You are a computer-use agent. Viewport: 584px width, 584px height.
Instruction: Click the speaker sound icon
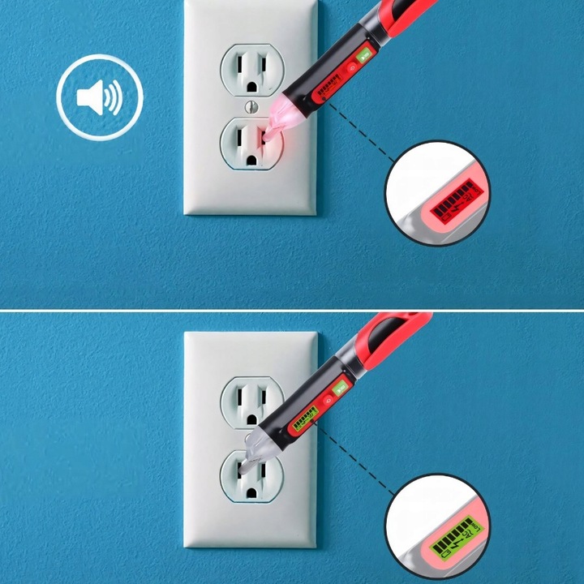(99, 99)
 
